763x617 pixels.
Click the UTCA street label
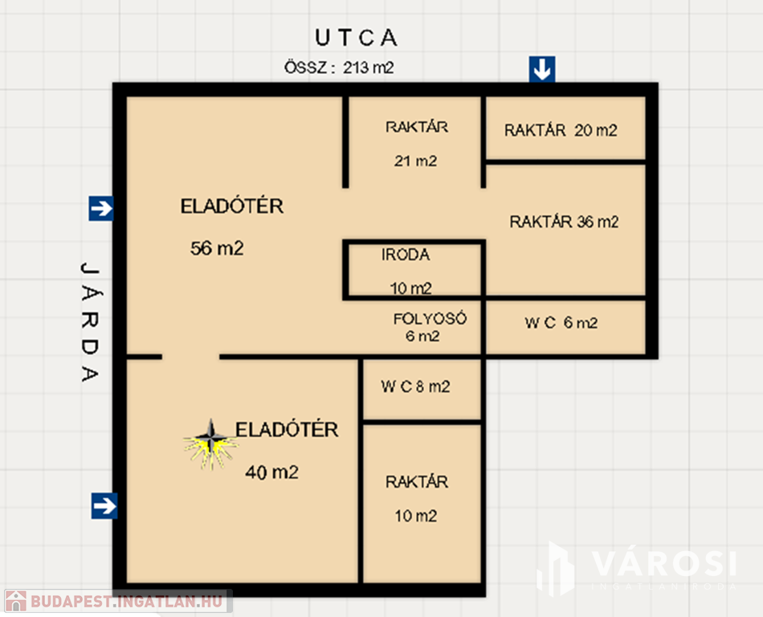click(x=356, y=38)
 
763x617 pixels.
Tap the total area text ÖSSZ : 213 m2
click(x=339, y=67)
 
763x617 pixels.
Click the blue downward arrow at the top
click(x=542, y=69)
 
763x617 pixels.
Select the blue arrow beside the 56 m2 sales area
click(x=101, y=208)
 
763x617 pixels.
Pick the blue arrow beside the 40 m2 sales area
click(x=104, y=505)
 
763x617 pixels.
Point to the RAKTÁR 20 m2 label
click(x=561, y=130)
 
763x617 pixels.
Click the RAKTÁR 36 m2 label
click(x=564, y=222)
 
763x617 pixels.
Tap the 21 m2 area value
click(x=415, y=161)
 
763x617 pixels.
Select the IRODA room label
click(x=406, y=255)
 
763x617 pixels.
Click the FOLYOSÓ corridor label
click(x=430, y=319)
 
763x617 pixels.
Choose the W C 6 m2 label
click(x=561, y=323)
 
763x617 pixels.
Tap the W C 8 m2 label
click(x=415, y=386)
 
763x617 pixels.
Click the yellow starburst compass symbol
click(x=210, y=444)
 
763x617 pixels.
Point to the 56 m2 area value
click(x=217, y=248)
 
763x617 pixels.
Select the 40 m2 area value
click(x=271, y=472)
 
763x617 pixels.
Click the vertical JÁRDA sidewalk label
click(x=90, y=322)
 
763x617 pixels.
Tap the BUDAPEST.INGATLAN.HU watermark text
click(x=127, y=602)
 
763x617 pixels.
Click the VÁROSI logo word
click(x=664, y=565)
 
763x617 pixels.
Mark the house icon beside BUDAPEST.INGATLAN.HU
click(x=15, y=602)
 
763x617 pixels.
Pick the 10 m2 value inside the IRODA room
click(x=410, y=288)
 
